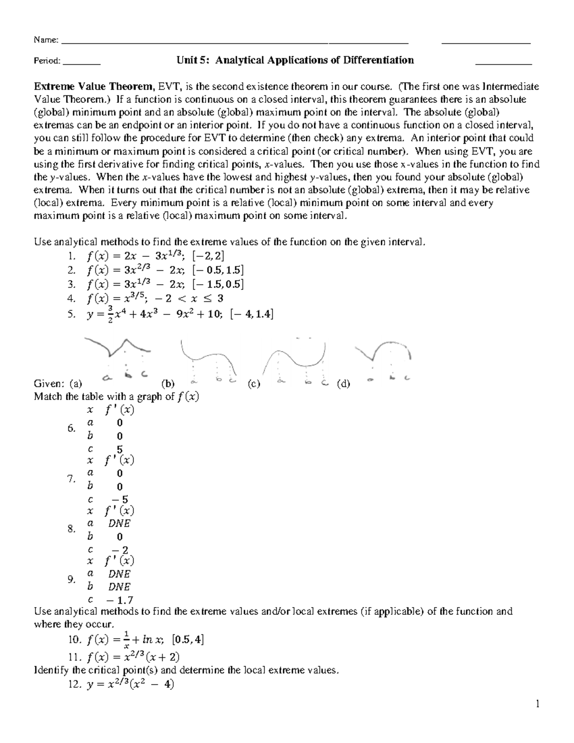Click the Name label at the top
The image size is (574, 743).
(x=46, y=40)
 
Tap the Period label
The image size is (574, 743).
(x=47, y=61)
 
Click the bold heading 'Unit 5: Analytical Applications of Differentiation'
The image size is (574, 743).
(x=295, y=60)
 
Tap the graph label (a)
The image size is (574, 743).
(x=75, y=383)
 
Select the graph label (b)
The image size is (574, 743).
(x=168, y=383)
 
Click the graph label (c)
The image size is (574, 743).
(x=254, y=383)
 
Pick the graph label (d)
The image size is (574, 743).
(x=343, y=383)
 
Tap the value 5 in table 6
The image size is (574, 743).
(x=120, y=449)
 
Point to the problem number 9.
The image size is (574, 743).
(x=72, y=580)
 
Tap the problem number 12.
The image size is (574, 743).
(x=76, y=685)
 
